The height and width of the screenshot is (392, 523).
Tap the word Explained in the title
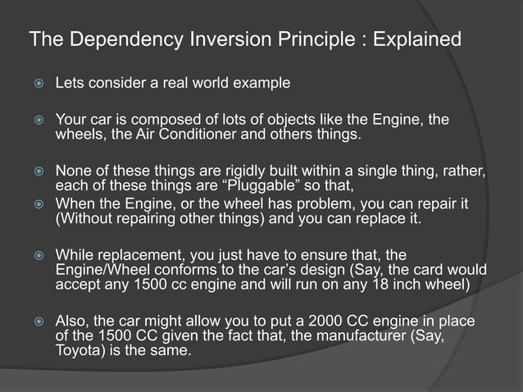pos(417,39)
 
